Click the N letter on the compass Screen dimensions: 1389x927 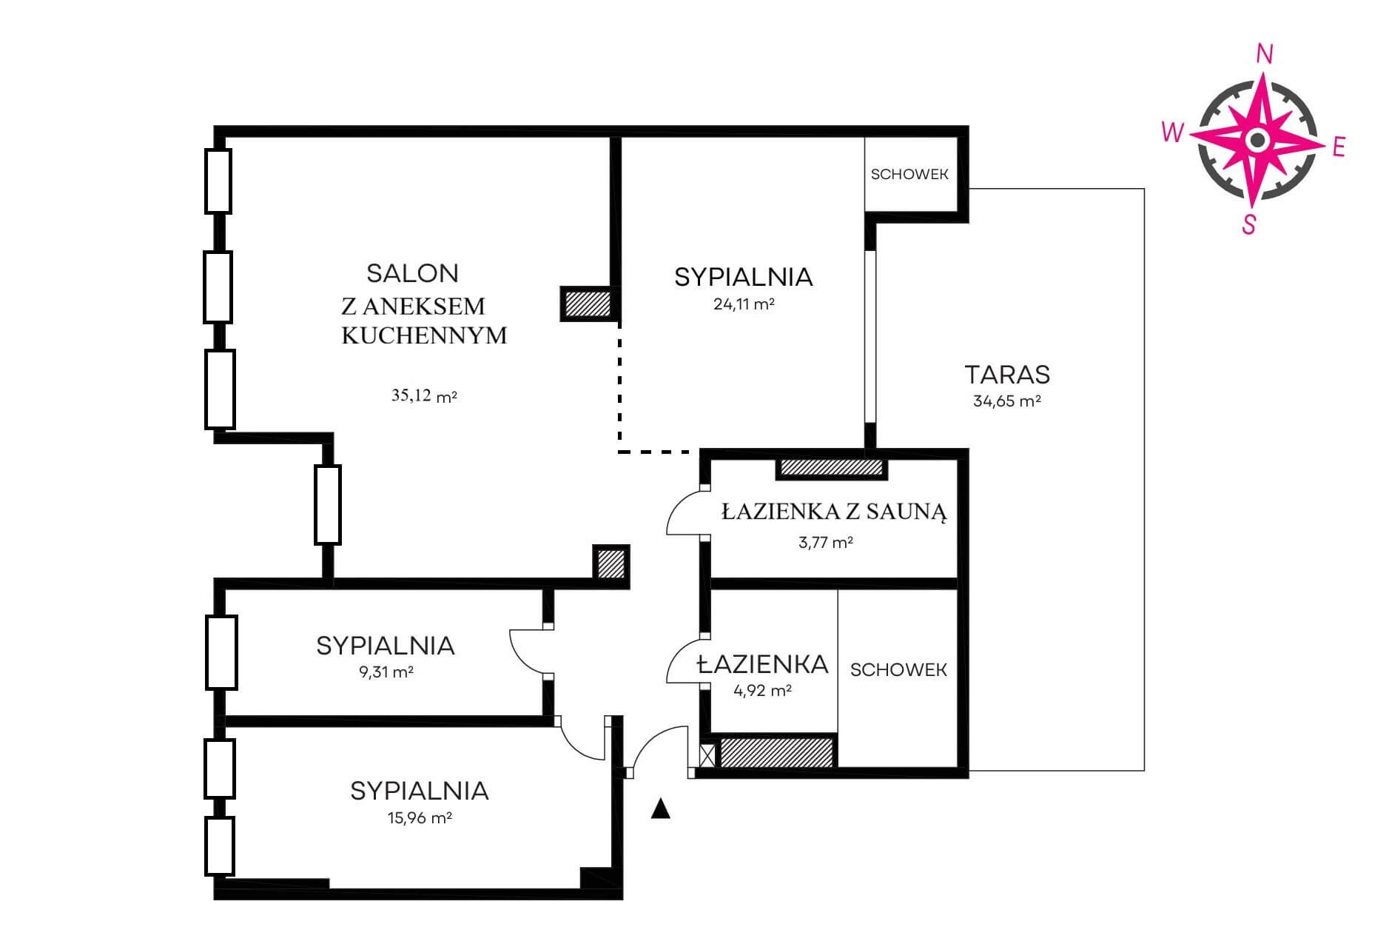coord(1265,54)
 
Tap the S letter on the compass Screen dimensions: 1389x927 coord(1249,224)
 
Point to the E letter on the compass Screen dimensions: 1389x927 coord(1338,148)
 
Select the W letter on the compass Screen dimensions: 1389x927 coord(1173,132)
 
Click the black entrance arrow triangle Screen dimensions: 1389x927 coord(660,809)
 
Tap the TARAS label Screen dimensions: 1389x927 coord(1007,375)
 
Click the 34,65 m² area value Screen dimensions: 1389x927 coord(1007,401)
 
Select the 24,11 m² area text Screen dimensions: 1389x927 coord(744,304)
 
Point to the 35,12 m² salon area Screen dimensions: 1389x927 coord(424,395)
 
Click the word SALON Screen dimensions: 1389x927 coord(412,273)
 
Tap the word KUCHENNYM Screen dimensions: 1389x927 coord(424,335)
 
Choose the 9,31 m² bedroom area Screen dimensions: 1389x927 coord(386,672)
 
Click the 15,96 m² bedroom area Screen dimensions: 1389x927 coord(420,818)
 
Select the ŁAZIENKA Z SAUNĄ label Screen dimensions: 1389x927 coord(834,512)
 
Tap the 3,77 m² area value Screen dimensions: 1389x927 coord(825,542)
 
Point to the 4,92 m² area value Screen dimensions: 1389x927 coord(762,690)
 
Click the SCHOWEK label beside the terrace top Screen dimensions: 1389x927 coord(909,175)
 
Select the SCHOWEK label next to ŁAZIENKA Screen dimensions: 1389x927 coord(898,670)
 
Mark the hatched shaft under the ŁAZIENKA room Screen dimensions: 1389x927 coord(776,752)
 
